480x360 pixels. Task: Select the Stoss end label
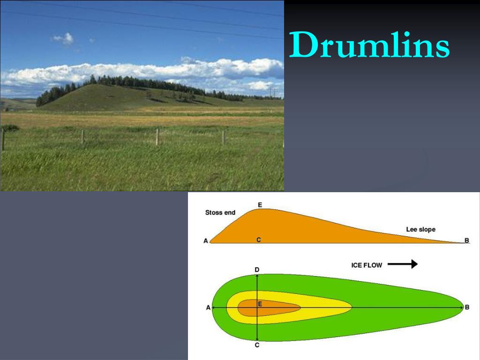pos(220,212)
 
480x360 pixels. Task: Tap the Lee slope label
pos(420,229)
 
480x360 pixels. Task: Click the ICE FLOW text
pos(367,265)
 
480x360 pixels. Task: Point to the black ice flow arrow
pos(403,264)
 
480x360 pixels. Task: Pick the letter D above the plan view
pos(257,270)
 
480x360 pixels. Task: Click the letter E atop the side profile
pos(260,205)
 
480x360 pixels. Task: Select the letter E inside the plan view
pos(260,304)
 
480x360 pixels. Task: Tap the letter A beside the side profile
pos(206,241)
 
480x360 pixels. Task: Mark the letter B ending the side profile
pos(467,240)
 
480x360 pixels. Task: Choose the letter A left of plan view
pos(209,307)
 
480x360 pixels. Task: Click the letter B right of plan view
pos(467,307)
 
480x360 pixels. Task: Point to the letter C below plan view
pos(257,345)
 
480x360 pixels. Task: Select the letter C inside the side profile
pos(259,240)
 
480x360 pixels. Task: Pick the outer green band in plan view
pos(398,294)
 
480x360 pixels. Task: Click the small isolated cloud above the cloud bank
pos(63,39)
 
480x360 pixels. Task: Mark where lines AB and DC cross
pos(257,307)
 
